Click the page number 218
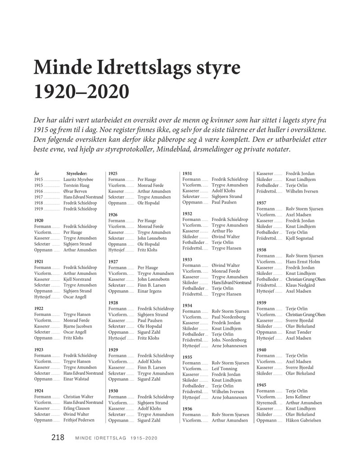click(58, 437)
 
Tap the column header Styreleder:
click(76, 173)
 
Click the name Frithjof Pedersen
click(79, 420)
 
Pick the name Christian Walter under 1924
click(79, 397)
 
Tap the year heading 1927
click(113, 261)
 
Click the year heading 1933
click(187, 260)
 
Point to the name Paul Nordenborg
click(229, 317)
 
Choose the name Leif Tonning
click(225, 368)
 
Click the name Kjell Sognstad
click(299, 238)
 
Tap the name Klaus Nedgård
click(301, 285)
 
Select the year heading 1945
click(261, 385)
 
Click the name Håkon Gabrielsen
click(303, 420)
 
